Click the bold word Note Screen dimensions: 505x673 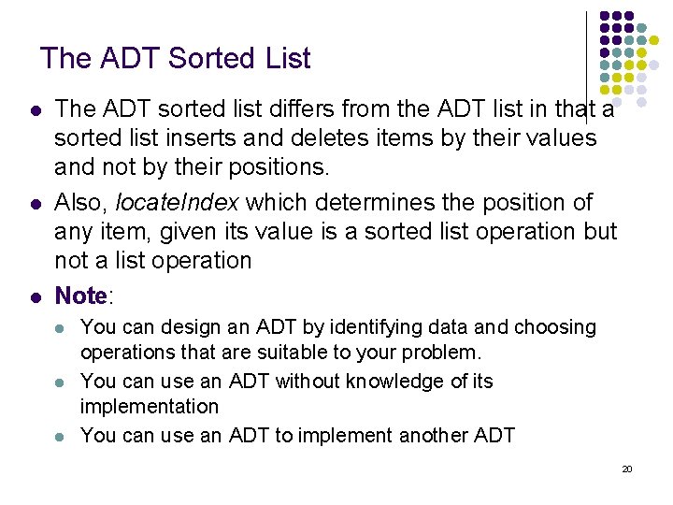81,296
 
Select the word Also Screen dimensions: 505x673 79,202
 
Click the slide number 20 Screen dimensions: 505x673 627,468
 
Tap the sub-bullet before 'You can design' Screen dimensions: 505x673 60,328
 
